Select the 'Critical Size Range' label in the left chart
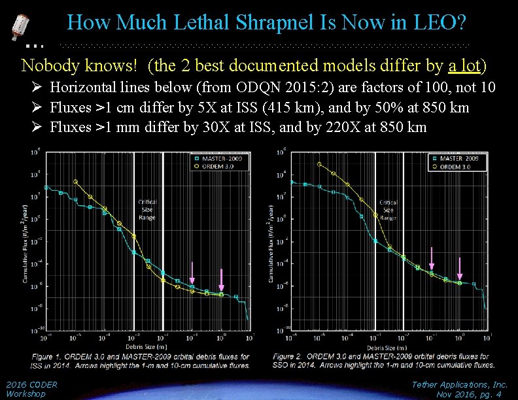(147, 209)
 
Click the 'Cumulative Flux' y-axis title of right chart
(269, 242)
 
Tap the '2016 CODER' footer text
(31, 385)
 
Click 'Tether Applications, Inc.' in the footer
(460, 385)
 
